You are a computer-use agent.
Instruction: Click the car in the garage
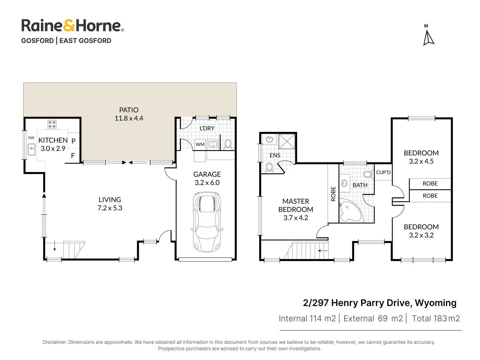tap(207, 222)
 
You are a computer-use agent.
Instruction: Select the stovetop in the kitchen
tap(52, 124)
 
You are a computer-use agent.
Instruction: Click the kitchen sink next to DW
tap(32, 150)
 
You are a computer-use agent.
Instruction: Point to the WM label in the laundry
tap(200, 144)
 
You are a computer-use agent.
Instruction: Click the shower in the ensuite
tap(287, 141)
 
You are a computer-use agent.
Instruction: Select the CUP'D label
tap(383, 172)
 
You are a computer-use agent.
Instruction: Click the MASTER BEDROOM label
tap(295, 205)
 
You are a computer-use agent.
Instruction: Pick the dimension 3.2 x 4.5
tap(421, 161)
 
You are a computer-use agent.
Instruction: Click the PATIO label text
tap(129, 110)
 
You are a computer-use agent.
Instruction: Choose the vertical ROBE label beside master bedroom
tap(333, 194)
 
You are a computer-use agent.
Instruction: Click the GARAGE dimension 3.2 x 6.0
tap(207, 183)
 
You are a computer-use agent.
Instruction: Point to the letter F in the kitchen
tap(73, 156)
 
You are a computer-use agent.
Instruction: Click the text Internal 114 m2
tap(307, 319)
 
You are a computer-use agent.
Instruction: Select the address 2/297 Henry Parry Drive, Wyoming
tap(379, 303)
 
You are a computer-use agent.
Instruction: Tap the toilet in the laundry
tap(228, 144)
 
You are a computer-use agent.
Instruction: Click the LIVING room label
tap(110, 200)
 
